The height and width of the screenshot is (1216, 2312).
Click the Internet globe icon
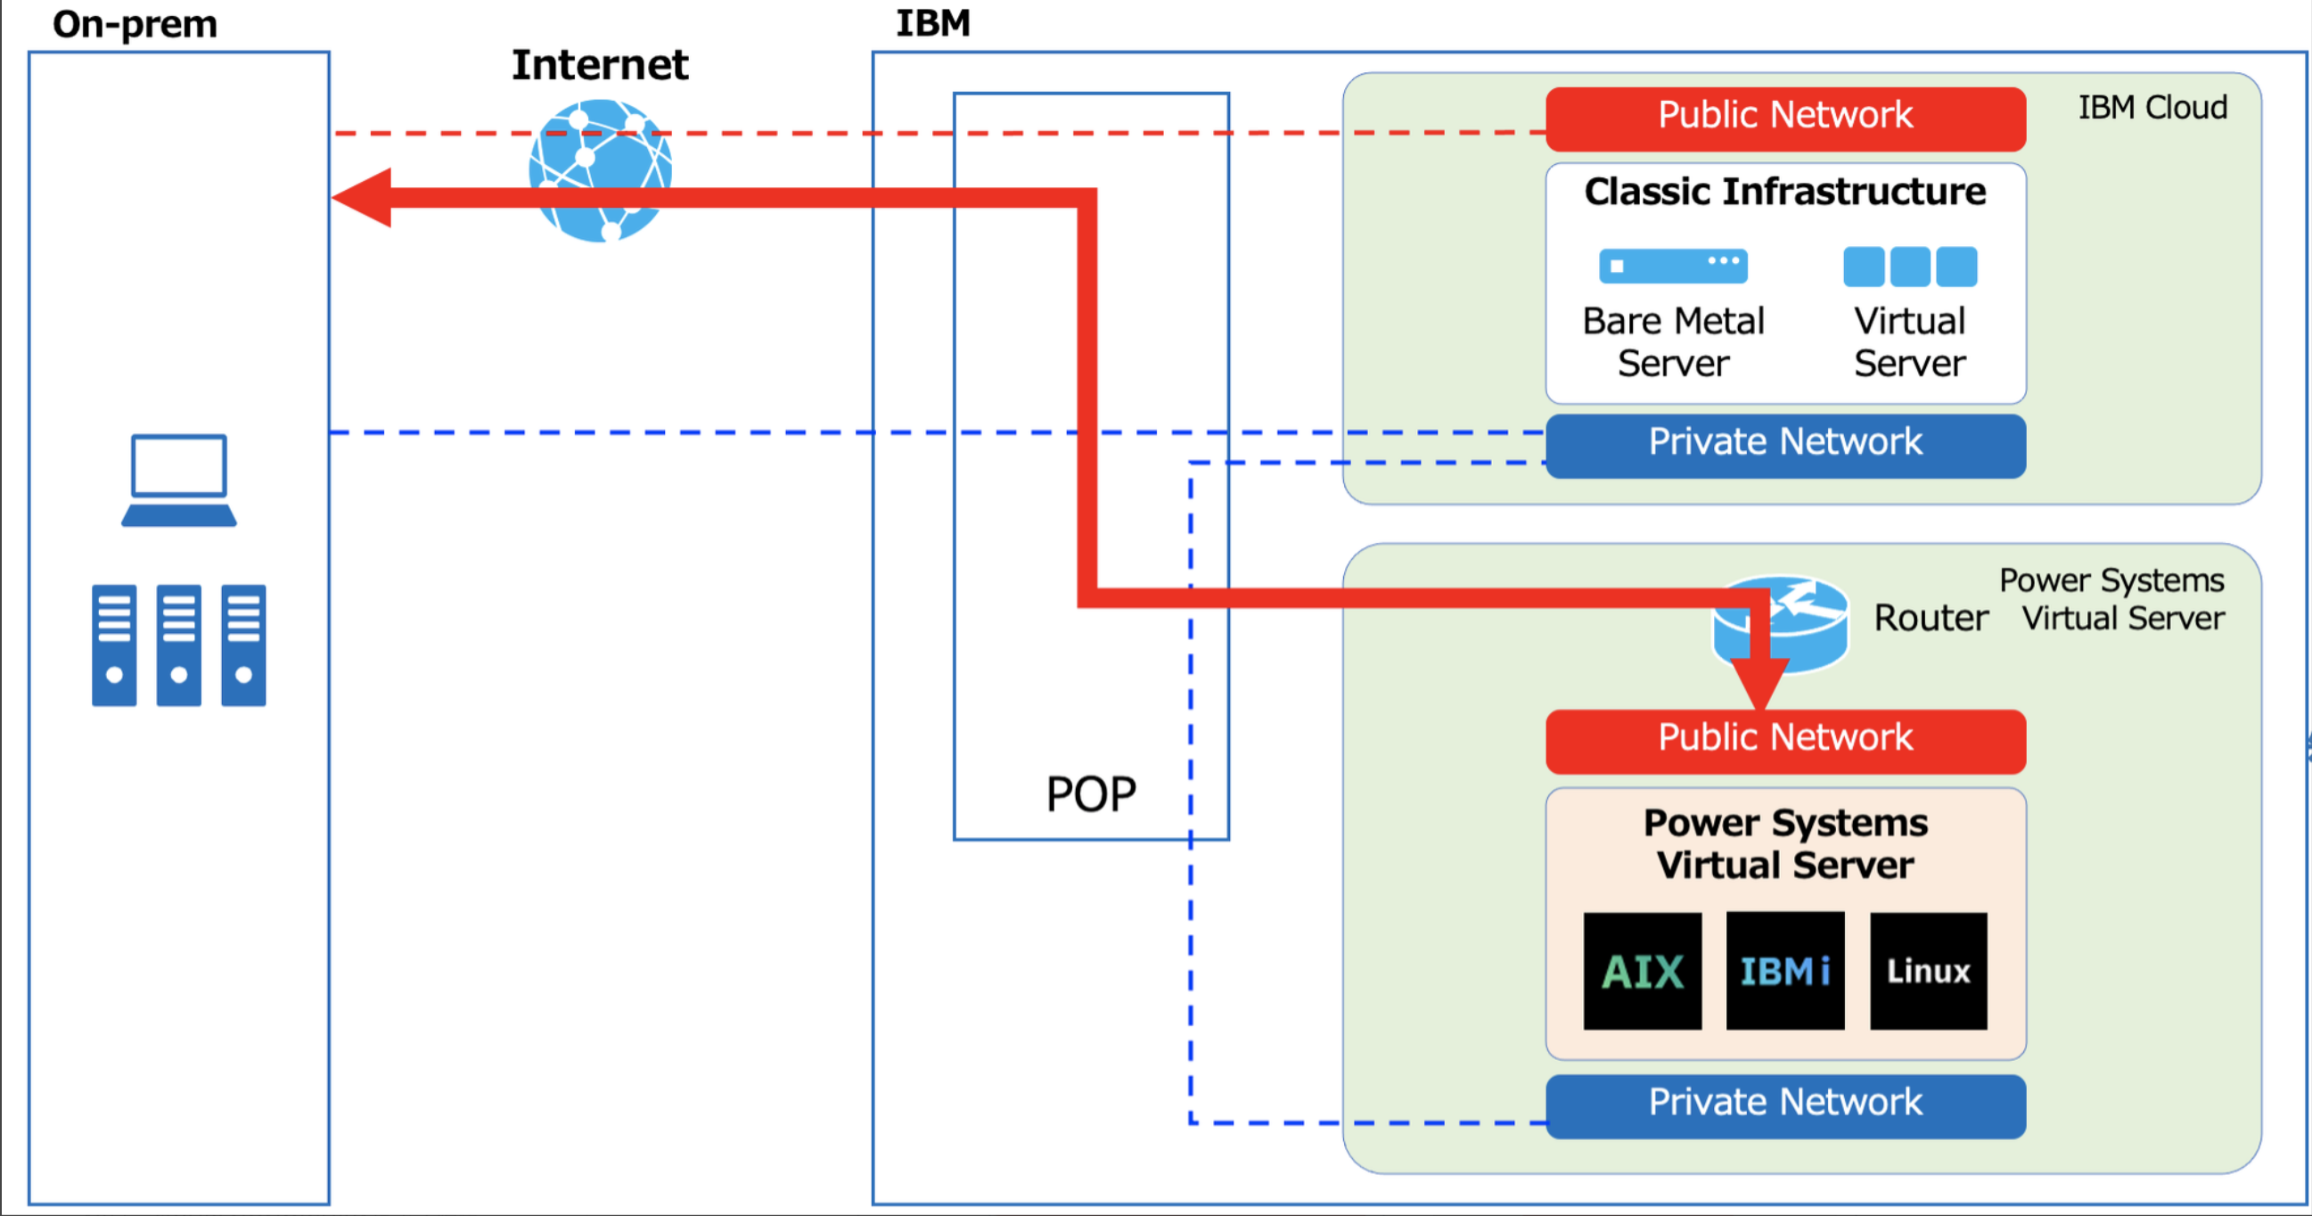tap(601, 169)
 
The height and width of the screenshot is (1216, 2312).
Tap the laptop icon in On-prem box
tap(178, 481)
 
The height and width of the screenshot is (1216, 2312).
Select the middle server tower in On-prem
tap(178, 645)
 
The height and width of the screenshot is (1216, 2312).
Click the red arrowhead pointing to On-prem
tap(364, 197)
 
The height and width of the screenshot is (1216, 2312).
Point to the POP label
tap(1090, 794)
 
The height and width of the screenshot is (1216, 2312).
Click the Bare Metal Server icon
tap(1673, 266)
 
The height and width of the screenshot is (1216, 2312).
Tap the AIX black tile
tap(1642, 971)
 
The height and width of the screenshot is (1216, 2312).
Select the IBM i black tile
tap(1784, 971)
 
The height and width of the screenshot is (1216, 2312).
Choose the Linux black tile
tap(1928, 971)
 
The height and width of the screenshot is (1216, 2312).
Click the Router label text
tap(1931, 619)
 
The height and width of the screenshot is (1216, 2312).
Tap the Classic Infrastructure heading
tap(1784, 192)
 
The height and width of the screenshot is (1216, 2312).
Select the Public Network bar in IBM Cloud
tap(1784, 118)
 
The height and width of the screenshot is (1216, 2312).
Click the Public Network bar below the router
tap(1784, 740)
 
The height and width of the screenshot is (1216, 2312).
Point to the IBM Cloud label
tap(2152, 108)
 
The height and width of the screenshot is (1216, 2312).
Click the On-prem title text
tap(135, 24)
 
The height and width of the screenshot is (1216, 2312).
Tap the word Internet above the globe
tap(600, 65)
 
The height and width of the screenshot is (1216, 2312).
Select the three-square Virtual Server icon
tap(1909, 267)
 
